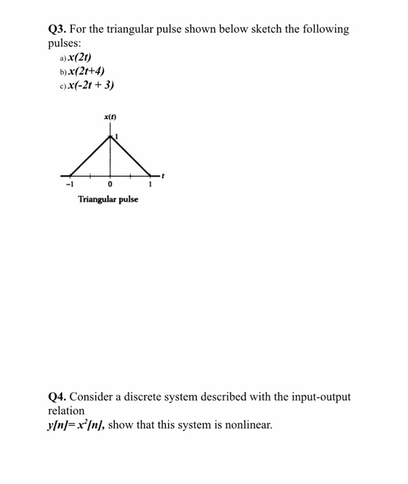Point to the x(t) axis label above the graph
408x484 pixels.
click(x=109, y=118)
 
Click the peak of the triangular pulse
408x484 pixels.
click(x=111, y=136)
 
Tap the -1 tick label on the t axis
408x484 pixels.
click(x=68, y=185)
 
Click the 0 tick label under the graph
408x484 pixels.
click(x=111, y=185)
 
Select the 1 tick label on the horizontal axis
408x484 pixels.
click(x=151, y=185)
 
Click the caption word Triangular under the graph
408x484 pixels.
click(x=95, y=199)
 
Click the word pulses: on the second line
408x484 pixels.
click(x=65, y=43)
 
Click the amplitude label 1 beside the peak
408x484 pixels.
click(x=117, y=136)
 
